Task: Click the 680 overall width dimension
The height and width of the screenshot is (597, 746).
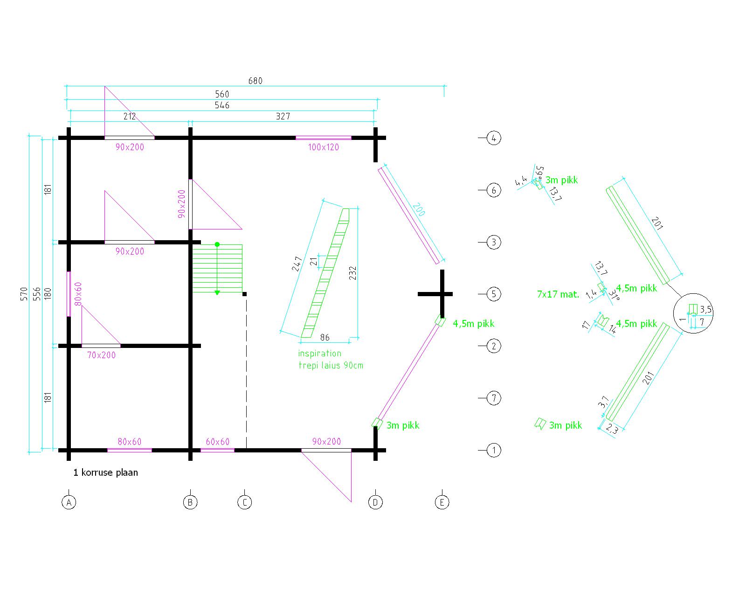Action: [x=255, y=81]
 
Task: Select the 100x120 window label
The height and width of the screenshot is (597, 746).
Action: [x=323, y=147]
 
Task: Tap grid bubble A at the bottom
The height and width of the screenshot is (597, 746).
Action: [x=69, y=502]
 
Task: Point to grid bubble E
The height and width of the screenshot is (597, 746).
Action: [x=442, y=502]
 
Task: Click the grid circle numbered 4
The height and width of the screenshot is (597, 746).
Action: [x=494, y=138]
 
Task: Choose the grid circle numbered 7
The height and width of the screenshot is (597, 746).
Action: [x=494, y=398]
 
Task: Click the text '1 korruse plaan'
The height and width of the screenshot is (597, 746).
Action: [x=105, y=472]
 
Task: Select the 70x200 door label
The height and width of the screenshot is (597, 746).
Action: [x=102, y=355]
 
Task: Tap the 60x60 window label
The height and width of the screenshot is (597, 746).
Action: [x=217, y=442]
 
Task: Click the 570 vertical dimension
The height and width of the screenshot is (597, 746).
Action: [x=25, y=294]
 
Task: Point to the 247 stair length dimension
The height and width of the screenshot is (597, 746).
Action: [x=297, y=264]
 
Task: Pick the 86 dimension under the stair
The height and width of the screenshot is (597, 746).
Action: [x=325, y=337]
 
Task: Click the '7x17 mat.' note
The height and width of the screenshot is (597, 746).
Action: [x=558, y=294]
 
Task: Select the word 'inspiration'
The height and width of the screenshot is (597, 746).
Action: [x=319, y=354]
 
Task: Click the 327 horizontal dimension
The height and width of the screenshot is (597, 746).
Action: [x=283, y=117]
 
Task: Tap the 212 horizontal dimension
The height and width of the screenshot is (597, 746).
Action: [x=130, y=117]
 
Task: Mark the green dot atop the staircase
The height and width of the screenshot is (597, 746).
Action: [x=217, y=244]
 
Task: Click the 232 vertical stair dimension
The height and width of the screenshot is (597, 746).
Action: [x=353, y=273]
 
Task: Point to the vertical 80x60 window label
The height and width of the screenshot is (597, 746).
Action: [x=78, y=294]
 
